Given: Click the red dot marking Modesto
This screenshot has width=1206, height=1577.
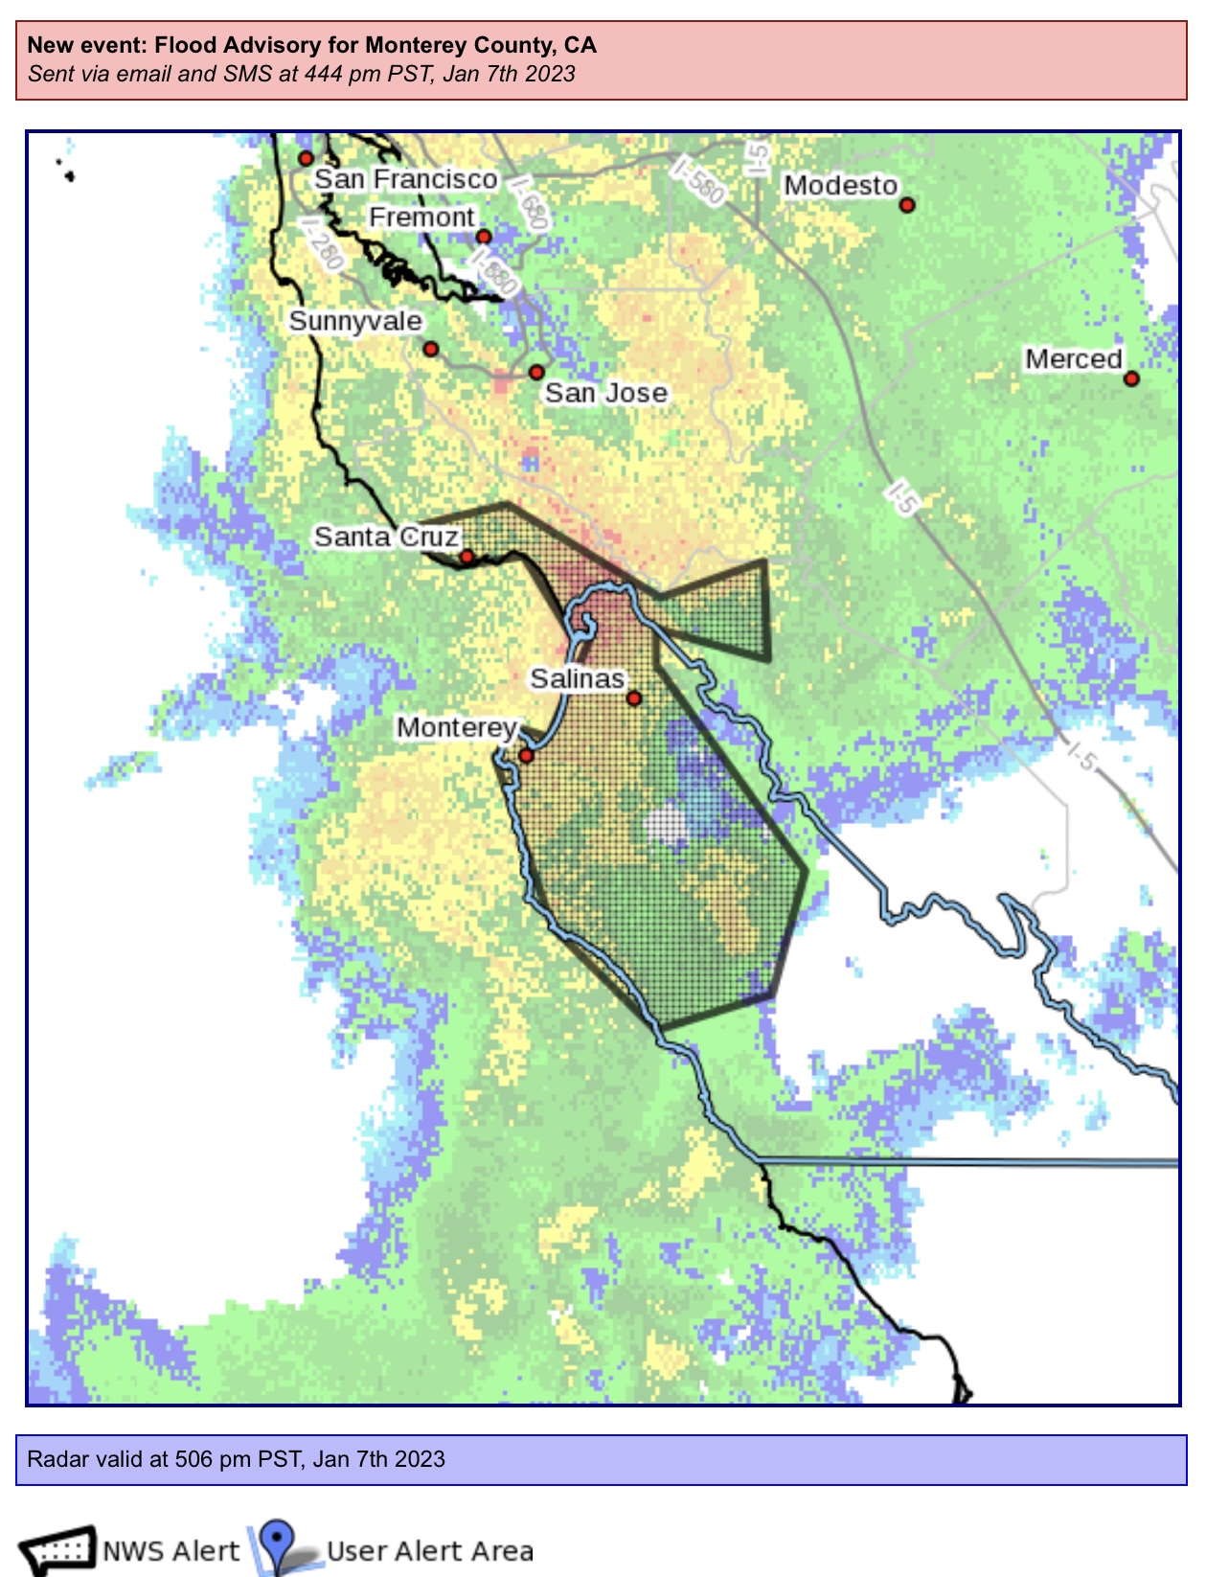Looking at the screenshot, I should pos(907,204).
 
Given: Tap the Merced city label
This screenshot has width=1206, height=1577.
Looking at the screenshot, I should pos(1073,359).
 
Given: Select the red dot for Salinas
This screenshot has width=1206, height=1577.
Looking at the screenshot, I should pos(634,698).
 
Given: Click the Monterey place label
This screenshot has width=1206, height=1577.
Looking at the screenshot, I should pos(457,728).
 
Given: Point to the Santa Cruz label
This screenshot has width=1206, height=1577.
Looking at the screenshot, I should pos(386,537).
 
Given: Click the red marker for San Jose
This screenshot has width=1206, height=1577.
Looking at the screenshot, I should pos(536,372).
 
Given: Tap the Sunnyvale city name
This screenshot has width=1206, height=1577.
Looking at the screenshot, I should pos(355,321).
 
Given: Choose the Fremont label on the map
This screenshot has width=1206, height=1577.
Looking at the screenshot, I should pos(421,217).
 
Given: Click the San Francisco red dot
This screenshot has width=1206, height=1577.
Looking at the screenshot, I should pos(306,158).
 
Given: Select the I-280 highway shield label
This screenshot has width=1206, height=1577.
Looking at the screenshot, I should pos(322,242).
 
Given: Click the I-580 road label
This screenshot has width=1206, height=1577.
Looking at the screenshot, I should pos(697,181).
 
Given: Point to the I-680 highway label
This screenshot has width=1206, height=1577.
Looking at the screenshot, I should pos(530,202).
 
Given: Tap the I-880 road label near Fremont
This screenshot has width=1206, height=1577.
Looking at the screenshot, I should pos(495,272).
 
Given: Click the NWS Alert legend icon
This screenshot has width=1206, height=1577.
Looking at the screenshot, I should pos(57,1549).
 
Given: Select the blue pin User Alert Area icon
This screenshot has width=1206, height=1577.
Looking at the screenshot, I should pos(277,1544).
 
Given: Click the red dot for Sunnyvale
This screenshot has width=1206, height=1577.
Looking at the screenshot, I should pos(431,349).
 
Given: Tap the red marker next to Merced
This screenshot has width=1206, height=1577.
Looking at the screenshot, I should pos(1131,378).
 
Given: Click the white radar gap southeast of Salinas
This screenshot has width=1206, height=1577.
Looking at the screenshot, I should pos(666,825).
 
